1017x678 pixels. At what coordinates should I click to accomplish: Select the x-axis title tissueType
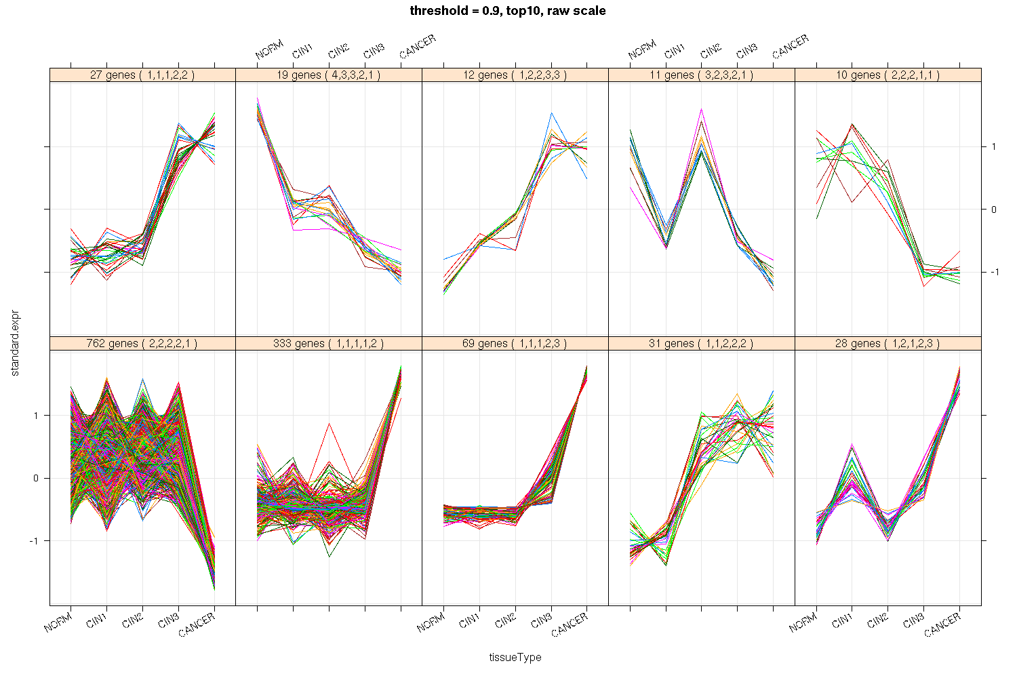(x=515, y=657)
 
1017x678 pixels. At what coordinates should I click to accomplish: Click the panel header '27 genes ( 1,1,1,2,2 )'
(x=142, y=75)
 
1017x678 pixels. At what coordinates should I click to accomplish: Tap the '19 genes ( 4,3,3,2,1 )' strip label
(x=329, y=75)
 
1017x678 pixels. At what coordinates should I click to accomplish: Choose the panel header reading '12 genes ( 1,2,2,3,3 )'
(x=515, y=75)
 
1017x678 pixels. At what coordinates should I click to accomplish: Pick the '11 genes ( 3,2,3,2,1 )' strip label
(x=702, y=75)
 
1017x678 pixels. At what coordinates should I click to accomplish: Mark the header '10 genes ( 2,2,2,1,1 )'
(x=888, y=75)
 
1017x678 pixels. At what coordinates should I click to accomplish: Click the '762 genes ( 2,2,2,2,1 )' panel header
(x=142, y=344)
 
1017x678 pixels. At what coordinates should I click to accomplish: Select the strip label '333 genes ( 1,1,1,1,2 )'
(x=329, y=344)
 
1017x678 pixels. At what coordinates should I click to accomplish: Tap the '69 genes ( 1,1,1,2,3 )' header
(x=515, y=344)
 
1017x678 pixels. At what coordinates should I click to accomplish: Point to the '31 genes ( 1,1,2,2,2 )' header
(x=702, y=344)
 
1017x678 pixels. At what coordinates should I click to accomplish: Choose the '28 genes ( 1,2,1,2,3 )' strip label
(x=888, y=344)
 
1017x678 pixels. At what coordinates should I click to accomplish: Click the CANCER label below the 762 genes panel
(x=197, y=624)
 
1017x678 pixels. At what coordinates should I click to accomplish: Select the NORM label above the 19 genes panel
(x=269, y=50)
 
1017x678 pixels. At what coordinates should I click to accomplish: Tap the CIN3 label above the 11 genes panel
(x=746, y=52)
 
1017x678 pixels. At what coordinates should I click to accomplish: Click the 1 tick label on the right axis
(x=993, y=147)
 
